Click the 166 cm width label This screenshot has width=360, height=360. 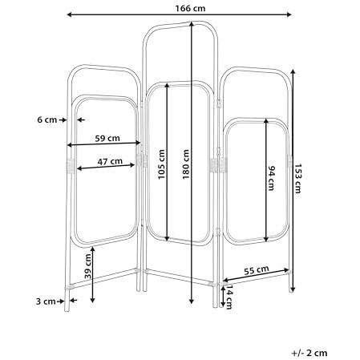190,8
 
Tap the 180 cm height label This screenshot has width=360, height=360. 186,164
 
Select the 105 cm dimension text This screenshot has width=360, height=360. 161,164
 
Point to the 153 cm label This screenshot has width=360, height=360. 297,178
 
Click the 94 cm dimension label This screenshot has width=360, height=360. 271,178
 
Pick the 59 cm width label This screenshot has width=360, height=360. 107,139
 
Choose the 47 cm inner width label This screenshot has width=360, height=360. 110,162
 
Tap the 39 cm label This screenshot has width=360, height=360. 87,266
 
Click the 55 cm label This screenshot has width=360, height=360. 257,270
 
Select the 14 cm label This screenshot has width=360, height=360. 229,297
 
